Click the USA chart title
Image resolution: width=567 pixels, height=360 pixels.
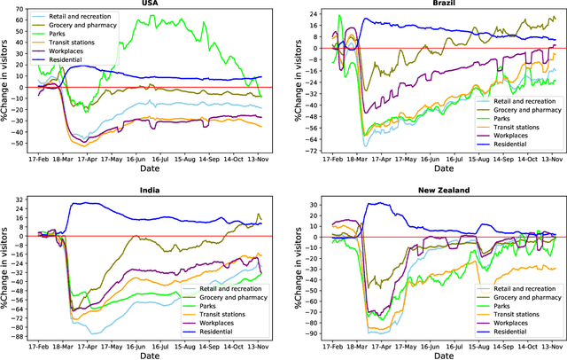click(150, 4)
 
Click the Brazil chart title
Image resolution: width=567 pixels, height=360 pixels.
click(435, 4)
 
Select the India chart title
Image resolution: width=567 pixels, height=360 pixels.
click(150, 192)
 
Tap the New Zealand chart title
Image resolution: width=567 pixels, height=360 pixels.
click(435, 192)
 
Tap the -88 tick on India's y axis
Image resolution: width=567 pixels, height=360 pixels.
click(19, 335)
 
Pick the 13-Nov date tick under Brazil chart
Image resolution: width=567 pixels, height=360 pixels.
click(551, 164)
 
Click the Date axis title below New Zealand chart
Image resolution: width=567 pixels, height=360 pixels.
click(435, 355)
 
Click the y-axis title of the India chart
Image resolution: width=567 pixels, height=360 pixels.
click(5, 267)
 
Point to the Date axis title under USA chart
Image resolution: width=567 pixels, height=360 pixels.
click(150, 174)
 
